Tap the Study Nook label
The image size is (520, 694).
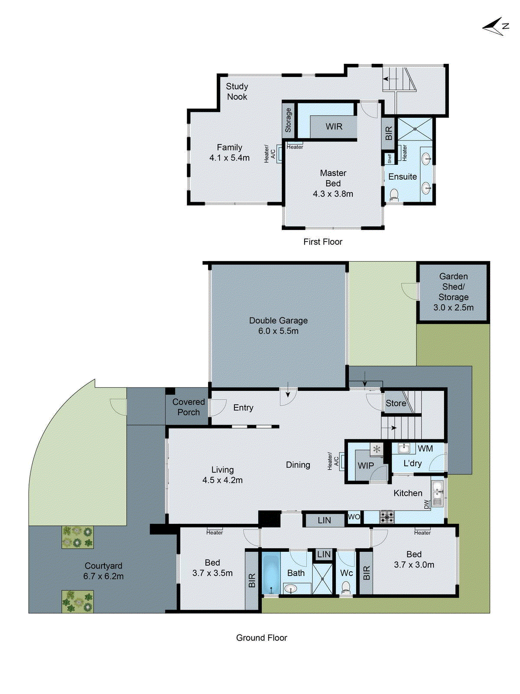pos(237,92)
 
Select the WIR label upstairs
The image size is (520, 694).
pos(334,127)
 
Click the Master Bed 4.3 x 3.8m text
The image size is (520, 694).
pos(333,183)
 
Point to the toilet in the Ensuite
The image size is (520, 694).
pos(394,194)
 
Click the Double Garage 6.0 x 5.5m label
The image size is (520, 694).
pos(278,326)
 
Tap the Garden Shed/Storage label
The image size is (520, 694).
pos(453,292)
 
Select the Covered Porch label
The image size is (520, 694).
pos(188,407)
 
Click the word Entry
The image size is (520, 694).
pos(243,408)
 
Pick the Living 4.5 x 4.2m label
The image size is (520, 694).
pos(222,475)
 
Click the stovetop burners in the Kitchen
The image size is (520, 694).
pos(387,517)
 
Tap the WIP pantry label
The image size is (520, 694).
pos(365,465)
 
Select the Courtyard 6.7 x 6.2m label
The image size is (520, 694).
pos(103,571)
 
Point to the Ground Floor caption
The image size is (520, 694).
pos(261,638)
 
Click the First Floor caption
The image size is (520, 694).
pos(322,242)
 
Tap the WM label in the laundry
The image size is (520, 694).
pos(425,448)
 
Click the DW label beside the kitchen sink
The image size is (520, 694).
pos(426,504)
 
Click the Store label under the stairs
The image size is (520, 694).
pos(396,403)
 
